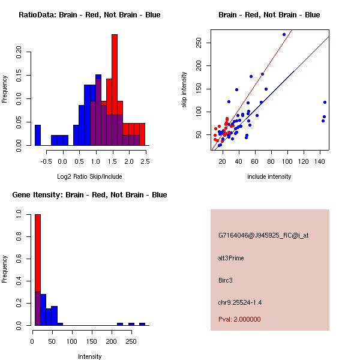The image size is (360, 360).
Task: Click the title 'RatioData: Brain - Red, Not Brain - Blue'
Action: pyautogui.click(x=89, y=15)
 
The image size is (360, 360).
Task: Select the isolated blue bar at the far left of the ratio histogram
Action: pyautogui.click(x=38, y=135)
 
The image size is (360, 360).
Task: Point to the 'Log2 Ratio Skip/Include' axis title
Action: pyautogui.click(x=89, y=176)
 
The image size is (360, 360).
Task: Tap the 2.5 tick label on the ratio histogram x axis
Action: pyautogui.click(x=145, y=161)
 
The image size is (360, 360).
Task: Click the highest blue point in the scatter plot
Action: pyautogui.click(x=284, y=35)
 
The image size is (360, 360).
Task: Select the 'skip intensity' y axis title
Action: pyautogui.click(x=185, y=89)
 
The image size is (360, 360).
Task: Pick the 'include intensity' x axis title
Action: pyautogui.click(x=269, y=176)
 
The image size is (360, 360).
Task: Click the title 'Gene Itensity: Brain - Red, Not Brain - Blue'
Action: pyautogui.click(x=89, y=195)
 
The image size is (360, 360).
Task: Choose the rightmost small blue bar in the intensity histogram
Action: pyautogui.click(x=142, y=324)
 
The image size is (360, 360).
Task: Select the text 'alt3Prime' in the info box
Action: pyautogui.click(x=231, y=258)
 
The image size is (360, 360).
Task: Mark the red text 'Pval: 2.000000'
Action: pyautogui.click(x=239, y=319)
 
